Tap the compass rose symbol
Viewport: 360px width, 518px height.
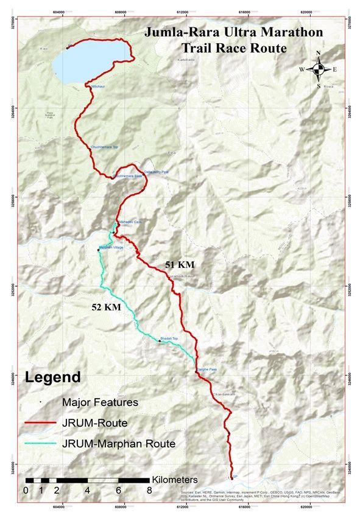(318, 69)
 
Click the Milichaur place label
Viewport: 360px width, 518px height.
(99, 88)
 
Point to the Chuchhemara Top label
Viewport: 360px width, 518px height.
(104, 147)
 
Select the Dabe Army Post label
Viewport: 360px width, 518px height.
(156, 172)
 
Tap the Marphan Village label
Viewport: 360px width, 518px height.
(111, 247)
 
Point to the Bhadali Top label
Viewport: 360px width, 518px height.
(169, 338)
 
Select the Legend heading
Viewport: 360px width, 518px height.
(52, 377)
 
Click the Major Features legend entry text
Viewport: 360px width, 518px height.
(100, 402)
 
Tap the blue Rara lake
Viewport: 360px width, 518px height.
(85, 61)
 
